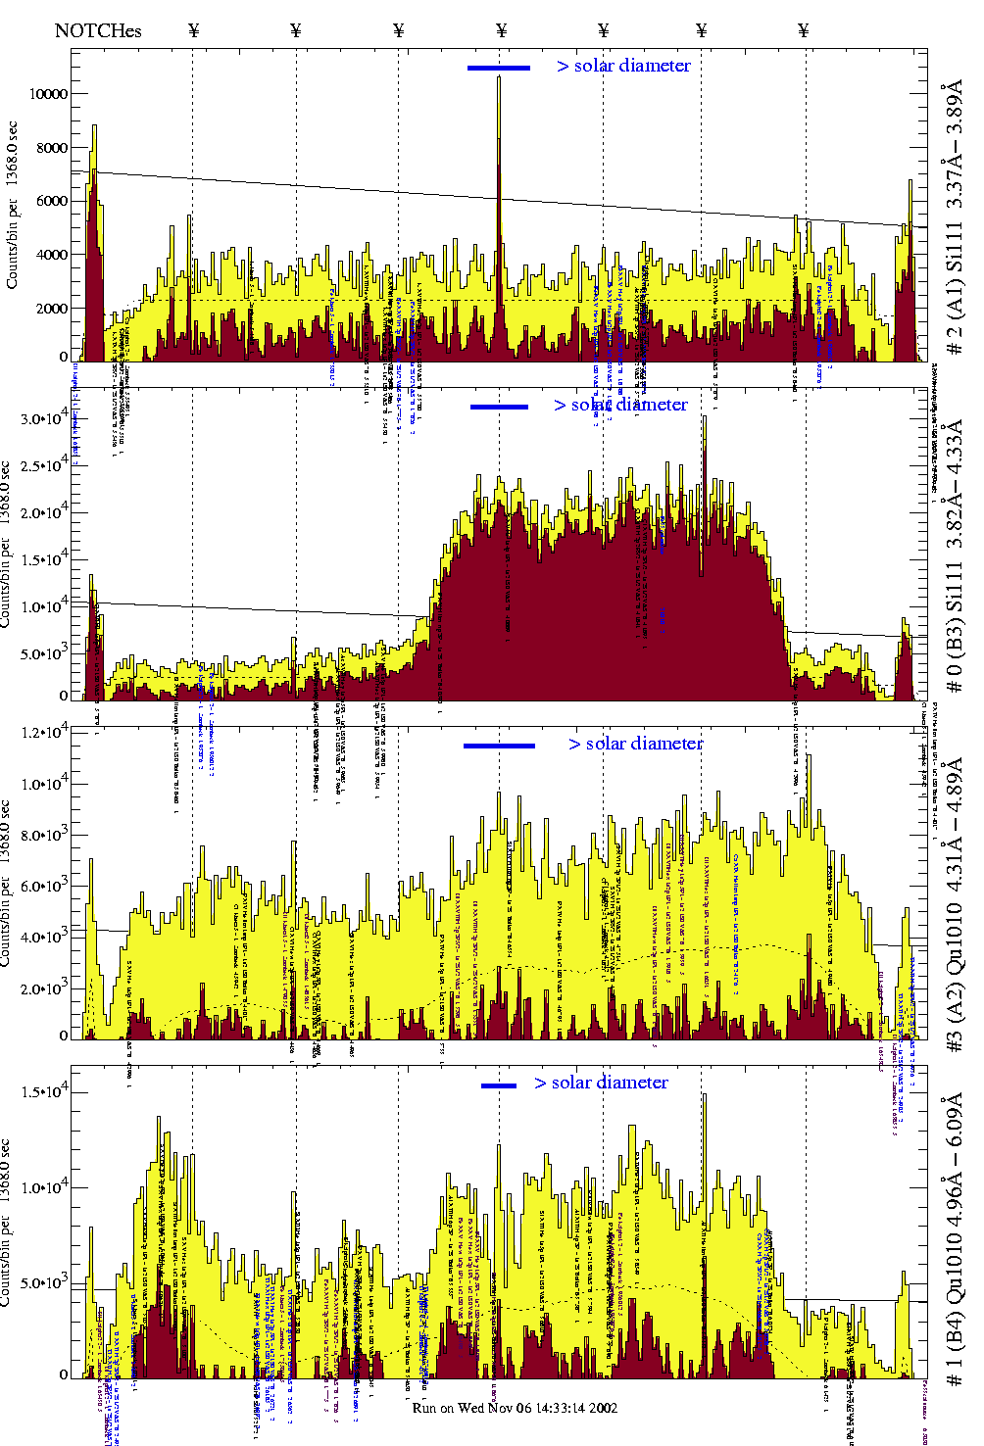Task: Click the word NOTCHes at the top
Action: click(98, 30)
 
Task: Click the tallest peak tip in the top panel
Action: click(499, 77)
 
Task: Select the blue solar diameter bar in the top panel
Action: click(499, 68)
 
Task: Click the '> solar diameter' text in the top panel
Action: click(624, 66)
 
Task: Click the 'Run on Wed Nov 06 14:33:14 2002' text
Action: click(515, 1408)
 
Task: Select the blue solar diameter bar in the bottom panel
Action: click(499, 1085)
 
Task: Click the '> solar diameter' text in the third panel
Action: click(636, 744)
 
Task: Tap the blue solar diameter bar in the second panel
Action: click(499, 407)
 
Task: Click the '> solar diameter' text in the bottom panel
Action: click(602, 1083)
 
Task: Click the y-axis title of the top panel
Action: click(13, 205)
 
